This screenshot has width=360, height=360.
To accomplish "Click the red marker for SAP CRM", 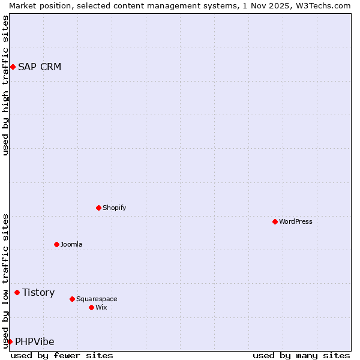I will (x=13, y=67).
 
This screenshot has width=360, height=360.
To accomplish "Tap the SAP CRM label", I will (x=40, y=67).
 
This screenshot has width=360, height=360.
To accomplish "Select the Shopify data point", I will (x=99, y=208).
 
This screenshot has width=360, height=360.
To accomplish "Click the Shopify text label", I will (x=114, y=208).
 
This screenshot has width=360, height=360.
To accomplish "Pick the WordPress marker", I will (x=275, y=221).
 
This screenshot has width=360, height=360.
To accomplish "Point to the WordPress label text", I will (x=296, y=221).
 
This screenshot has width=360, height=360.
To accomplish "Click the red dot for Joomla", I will (x=57, y=244).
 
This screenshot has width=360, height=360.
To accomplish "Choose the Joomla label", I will (x=71, y=244).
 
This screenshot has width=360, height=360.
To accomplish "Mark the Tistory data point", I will (x=17, y=292).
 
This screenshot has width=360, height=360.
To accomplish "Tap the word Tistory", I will (x=38, y=292).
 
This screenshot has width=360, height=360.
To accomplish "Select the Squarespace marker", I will (x=73, y=299).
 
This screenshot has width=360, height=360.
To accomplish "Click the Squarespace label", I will (x=97, y=299).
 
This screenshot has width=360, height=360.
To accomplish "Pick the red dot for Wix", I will (x=92, y=307).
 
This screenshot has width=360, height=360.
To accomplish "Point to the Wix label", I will (x=101, y=307).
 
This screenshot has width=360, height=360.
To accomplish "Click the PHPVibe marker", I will (x=10, y=341).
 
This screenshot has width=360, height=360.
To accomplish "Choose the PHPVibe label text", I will (x=35, y=341).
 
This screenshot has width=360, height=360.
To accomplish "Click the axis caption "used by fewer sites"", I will (x=62, y=355).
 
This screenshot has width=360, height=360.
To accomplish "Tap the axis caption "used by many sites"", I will (x=301, y=355).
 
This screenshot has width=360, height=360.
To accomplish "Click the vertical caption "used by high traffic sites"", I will (x=5, y=86).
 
